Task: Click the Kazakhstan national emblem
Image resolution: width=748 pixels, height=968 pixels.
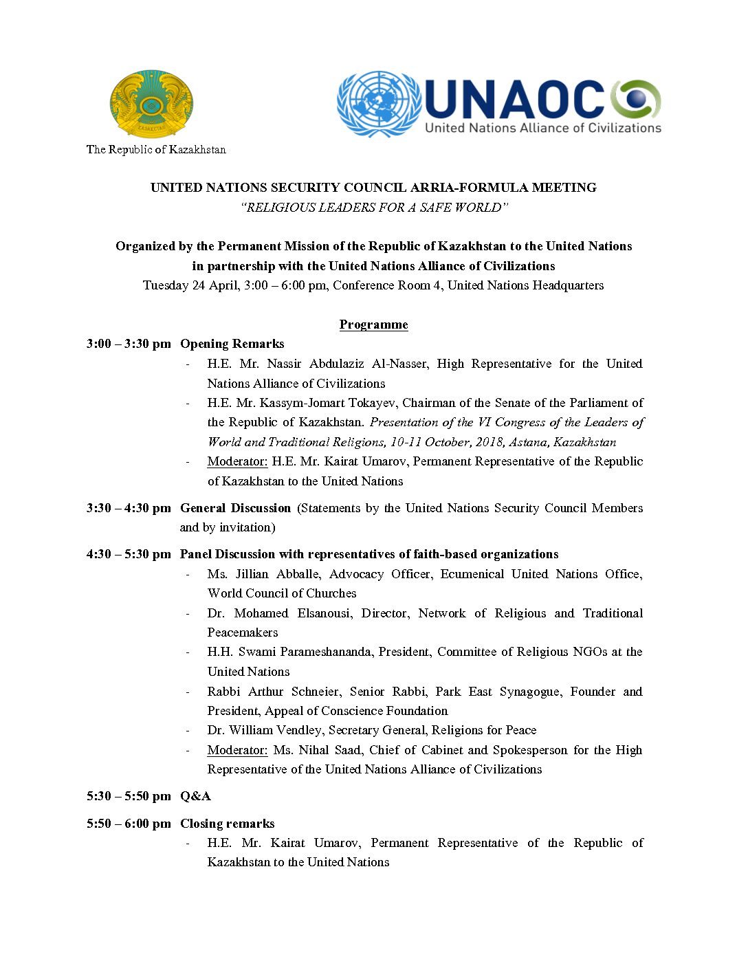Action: click(151, 104)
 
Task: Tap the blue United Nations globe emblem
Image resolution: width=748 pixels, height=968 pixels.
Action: click(379, 104)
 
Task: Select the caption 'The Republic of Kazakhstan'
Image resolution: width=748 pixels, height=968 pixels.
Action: click(156, 149)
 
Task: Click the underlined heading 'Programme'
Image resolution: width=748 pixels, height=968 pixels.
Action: click(373, 324)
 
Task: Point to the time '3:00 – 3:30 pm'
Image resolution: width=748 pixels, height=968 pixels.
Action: click(129, 344)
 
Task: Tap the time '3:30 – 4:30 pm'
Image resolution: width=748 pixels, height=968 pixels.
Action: click(129, 508)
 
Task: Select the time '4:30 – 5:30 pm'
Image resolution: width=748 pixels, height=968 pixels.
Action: click(129, 554)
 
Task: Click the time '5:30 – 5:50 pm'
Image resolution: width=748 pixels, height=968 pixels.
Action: click(129, 796)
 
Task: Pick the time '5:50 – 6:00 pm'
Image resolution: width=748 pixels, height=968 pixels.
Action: click(129, 824)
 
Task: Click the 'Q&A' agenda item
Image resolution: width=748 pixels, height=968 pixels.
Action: click(195, 796)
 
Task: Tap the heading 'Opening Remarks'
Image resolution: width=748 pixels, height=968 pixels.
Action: click(232, 344)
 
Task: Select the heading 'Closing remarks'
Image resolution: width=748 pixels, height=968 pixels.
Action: click(227, 824)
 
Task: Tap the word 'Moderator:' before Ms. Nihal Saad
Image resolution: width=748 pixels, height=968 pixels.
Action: click(237, 750)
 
